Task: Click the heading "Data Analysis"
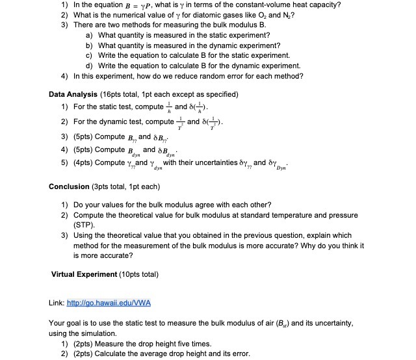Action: click(x=75, y=94)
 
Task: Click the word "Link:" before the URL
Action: click(x=57, y=303)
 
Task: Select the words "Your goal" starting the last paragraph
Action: click(x=66, y=323)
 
